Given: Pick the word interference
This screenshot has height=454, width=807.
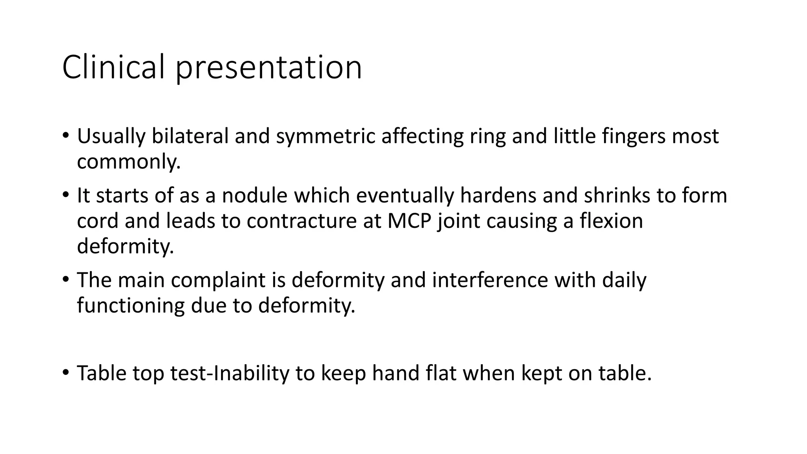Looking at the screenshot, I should click(x=490, y=280).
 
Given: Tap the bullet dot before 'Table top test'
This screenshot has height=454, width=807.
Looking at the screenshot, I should click(x=65, y=372).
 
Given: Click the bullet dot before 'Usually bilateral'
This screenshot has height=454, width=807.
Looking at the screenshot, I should click(x=65, y=136).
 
